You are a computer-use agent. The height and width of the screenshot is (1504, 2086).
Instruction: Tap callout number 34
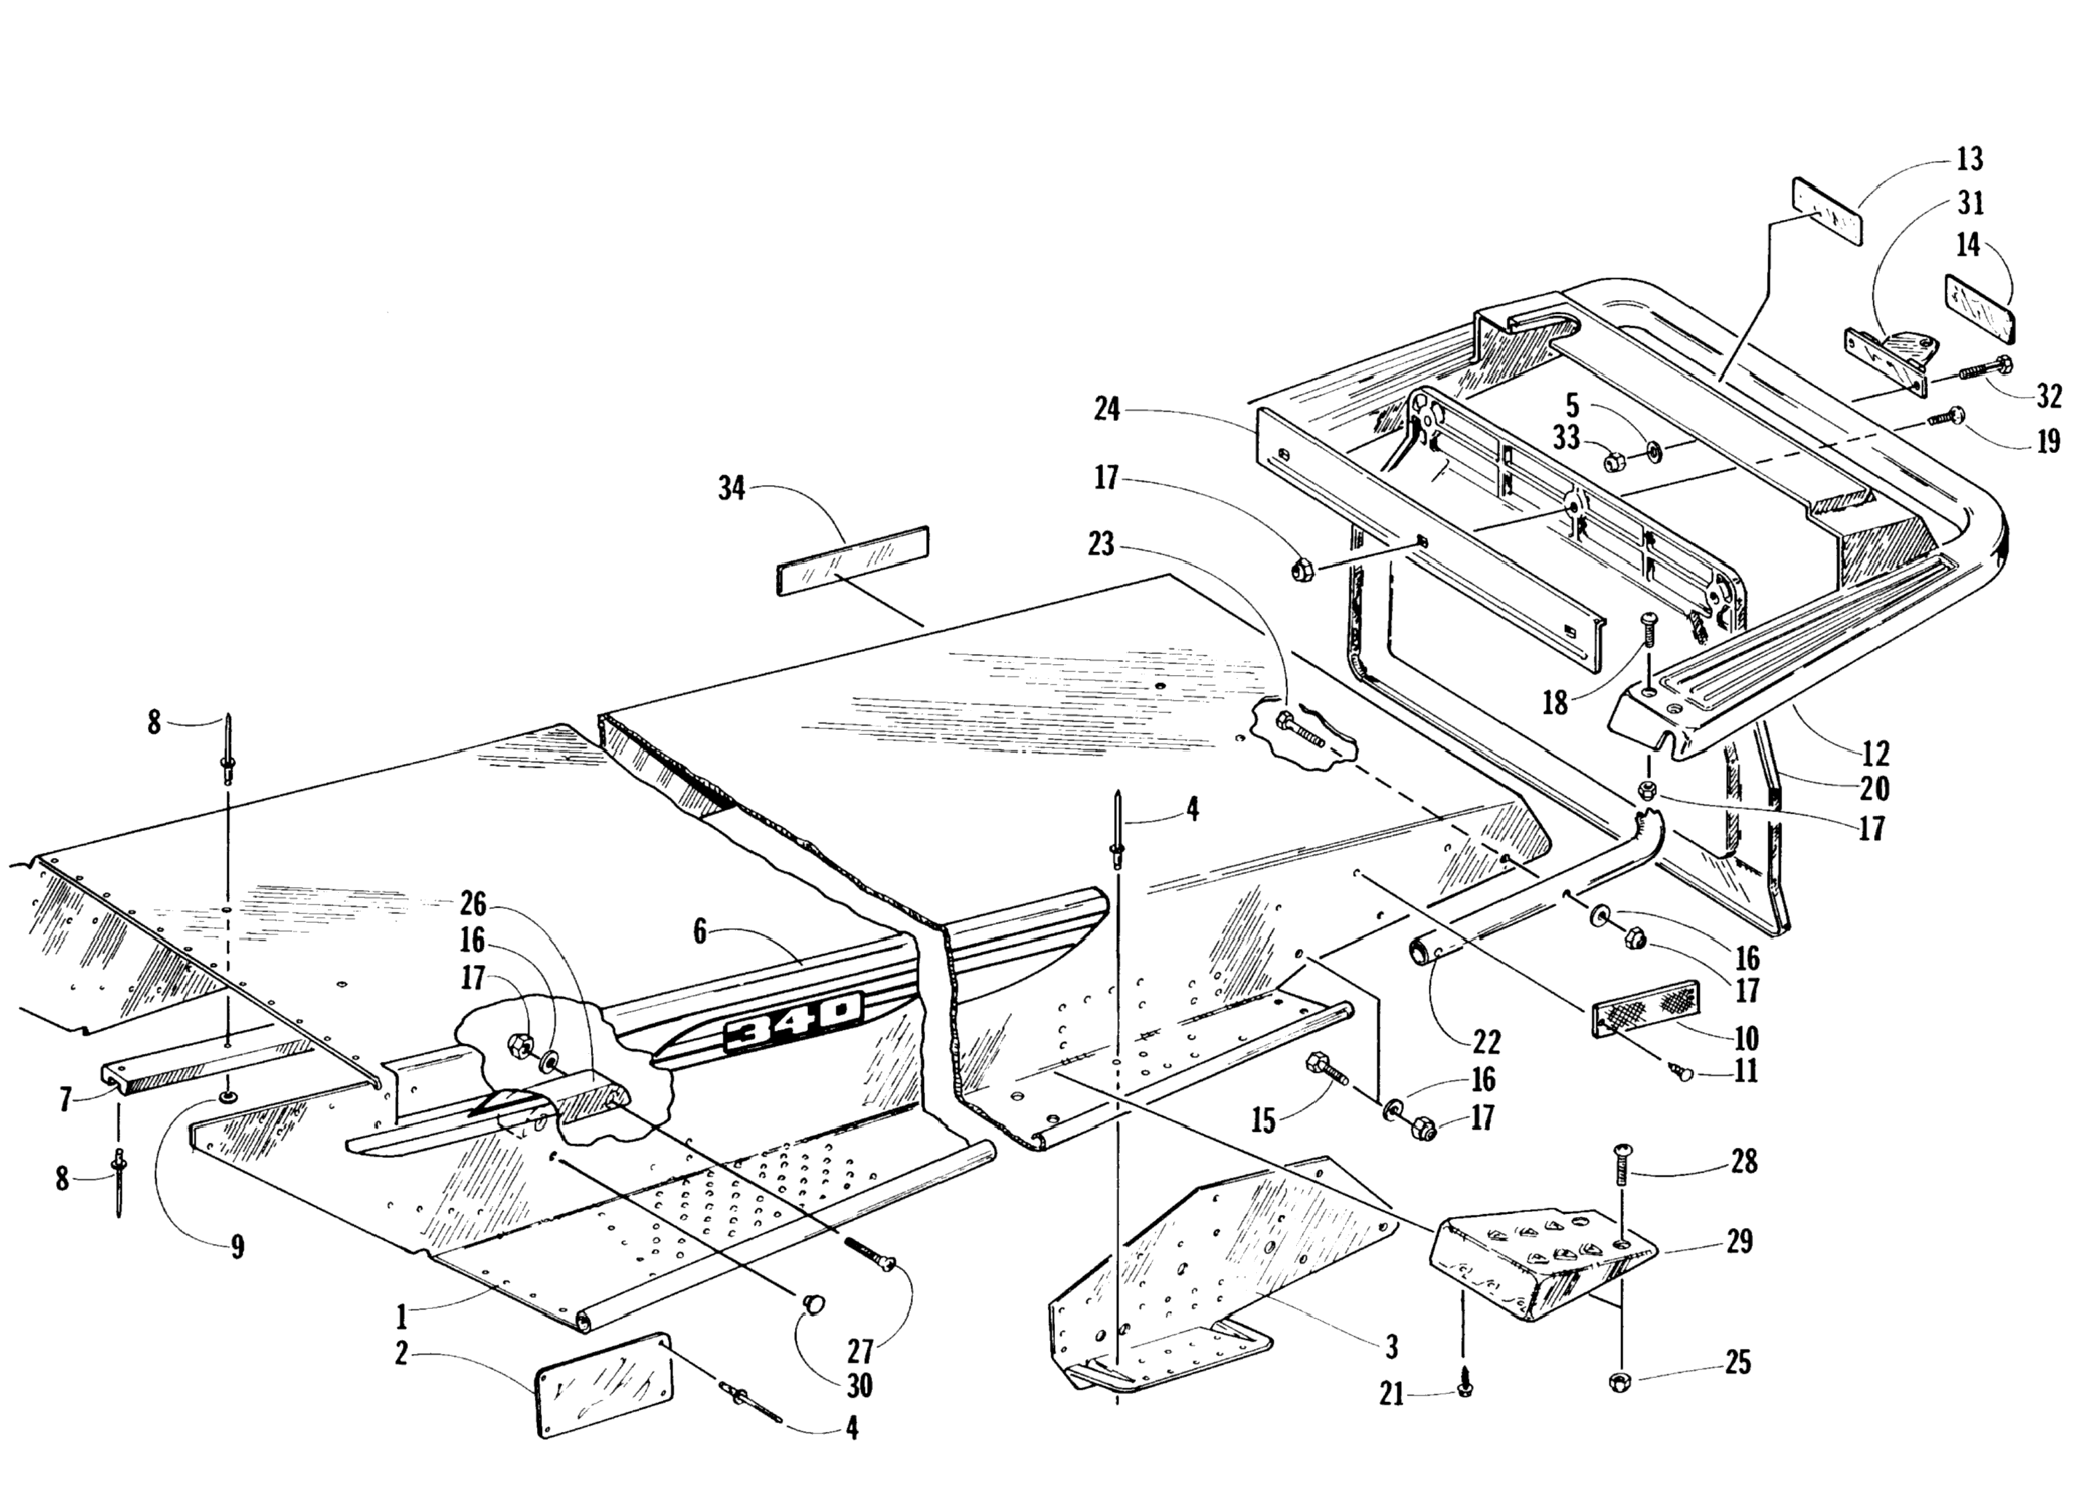[732, 488]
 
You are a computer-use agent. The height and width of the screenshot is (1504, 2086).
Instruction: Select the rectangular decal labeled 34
[852, 560]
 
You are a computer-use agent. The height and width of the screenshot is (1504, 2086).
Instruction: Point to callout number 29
[1738, 1241]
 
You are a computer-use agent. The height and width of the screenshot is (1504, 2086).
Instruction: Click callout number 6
[701, 932]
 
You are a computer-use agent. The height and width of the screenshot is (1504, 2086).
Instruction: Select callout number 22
[1486, 1042]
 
